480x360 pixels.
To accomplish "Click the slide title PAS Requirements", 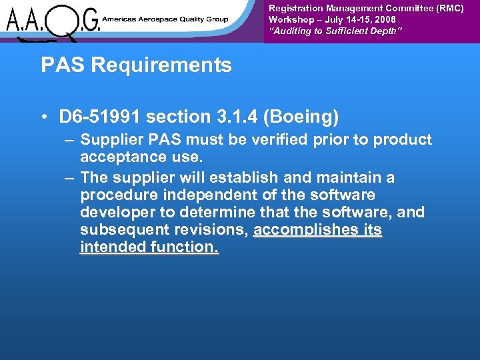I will click(x=136, y=65).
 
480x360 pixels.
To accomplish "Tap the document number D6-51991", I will click(x=99, y=117).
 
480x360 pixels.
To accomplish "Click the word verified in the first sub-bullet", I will click(x=261, y=140).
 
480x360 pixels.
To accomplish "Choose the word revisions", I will click(x=215, y=231).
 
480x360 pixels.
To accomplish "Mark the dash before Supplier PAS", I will click(x=70, y=140).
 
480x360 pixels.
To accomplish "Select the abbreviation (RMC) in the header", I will click(x=449, y=8).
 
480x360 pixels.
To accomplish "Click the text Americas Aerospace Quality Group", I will click(x=166, y=19).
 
